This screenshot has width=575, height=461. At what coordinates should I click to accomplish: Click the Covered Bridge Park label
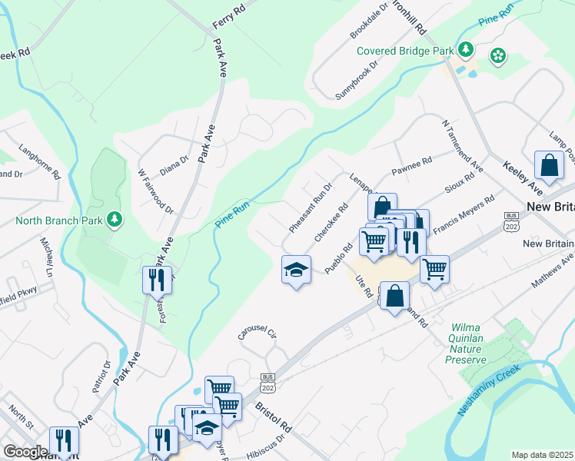406,51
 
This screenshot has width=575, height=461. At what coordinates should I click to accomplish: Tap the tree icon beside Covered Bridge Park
465,50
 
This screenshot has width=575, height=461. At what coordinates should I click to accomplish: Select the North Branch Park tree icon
115,221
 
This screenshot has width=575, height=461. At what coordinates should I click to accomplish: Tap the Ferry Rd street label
228,17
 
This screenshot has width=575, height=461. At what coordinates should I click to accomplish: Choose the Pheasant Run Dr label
310,208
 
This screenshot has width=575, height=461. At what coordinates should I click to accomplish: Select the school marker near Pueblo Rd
296,270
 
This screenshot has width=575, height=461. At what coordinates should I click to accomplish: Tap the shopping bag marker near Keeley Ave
550,165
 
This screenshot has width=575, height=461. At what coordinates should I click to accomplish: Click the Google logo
25,452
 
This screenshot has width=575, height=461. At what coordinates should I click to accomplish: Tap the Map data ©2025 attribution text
542,454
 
